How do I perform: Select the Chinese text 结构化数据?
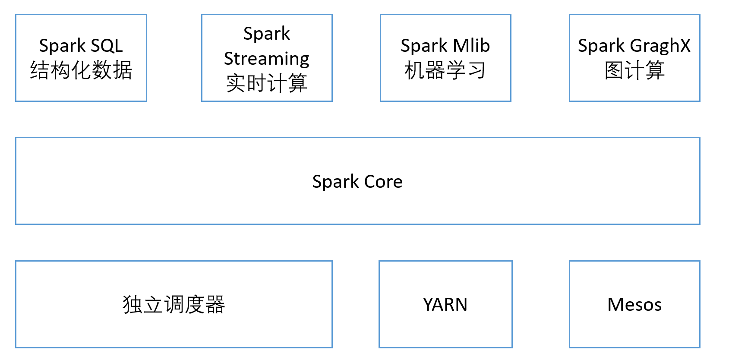pyautogui.click(x=81, y=70)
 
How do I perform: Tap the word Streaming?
pyautogui.click(x=267, y=58)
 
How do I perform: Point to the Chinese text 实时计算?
pyautogui.click(x=267, y=83)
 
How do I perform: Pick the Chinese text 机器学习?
pyautogui.click(x=445, y=70)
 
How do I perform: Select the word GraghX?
pyautogui.click(x=660, y=45)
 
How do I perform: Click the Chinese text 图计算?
pyautogui.click(x=634, y=70)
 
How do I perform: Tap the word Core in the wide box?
pyautogui.click(x=383, y=181)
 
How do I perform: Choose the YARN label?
pyautogui.click(x=445, y=305)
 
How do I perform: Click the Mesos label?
pyautogui.click(x=634, y=305)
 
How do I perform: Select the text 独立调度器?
pyautogui.click(x=174, y=305)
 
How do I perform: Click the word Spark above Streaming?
pyautogui.click(x=267, y=34)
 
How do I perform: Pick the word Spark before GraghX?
pyautogui.click(x=601, y=45)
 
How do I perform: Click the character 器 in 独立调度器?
pyautogui.click(x=215, y=305)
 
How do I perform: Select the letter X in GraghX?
pyautogui.click(x=685, y=45)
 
